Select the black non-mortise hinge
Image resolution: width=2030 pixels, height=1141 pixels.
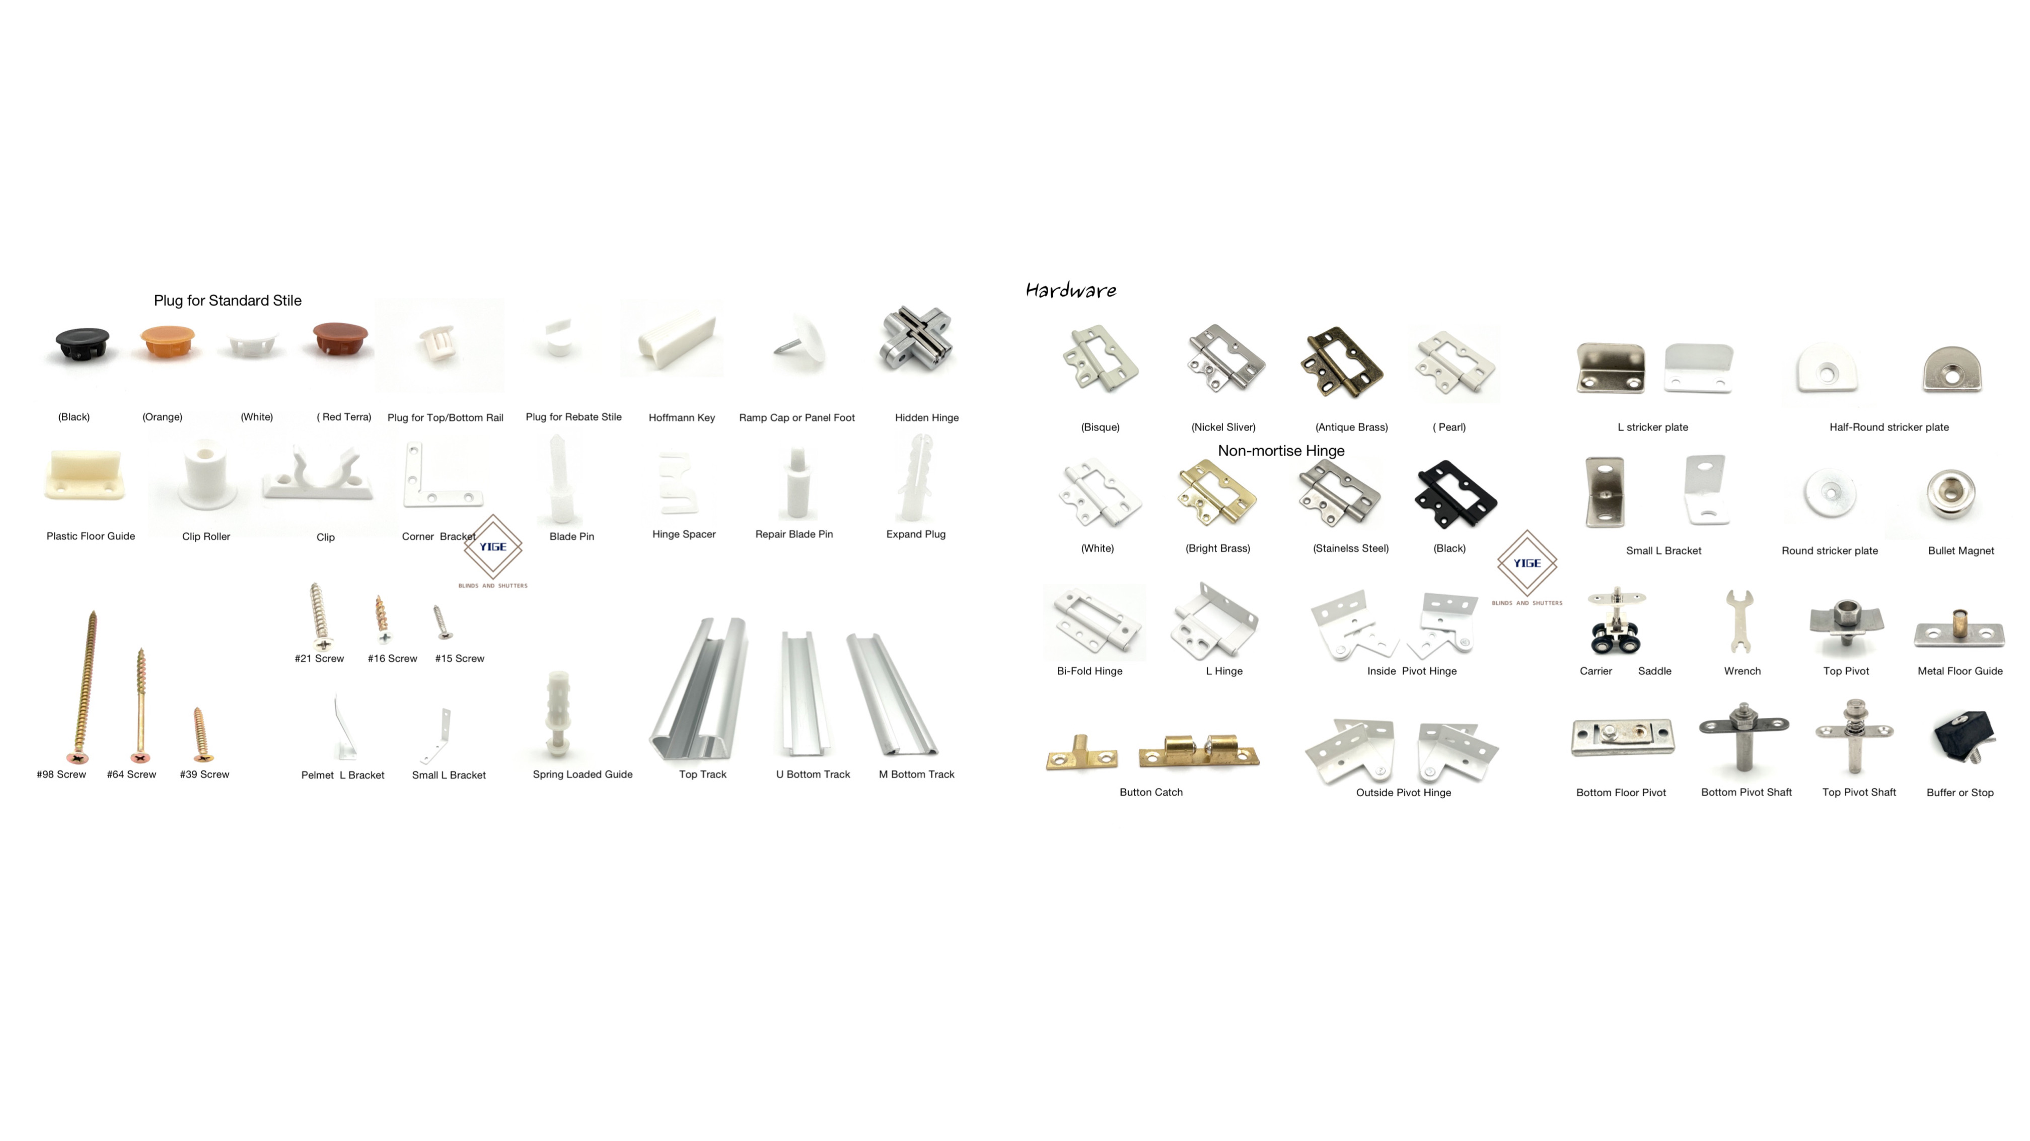(x=1455, y=495)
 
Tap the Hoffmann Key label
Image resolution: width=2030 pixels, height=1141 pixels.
(x=682, y=417)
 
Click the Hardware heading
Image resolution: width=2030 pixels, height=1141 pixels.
(x=1070, y=291)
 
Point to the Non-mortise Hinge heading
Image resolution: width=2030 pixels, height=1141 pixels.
(x=1281, y=451)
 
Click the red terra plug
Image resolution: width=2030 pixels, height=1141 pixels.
(x=340, y=339)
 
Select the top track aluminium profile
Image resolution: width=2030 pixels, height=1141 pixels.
(x=700, y=689)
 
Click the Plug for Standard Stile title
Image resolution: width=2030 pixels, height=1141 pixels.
(x=228, y=300)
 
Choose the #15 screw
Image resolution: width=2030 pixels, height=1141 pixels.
(x=443, y=622)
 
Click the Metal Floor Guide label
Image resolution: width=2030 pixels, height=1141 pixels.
(x=1960, y=671)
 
